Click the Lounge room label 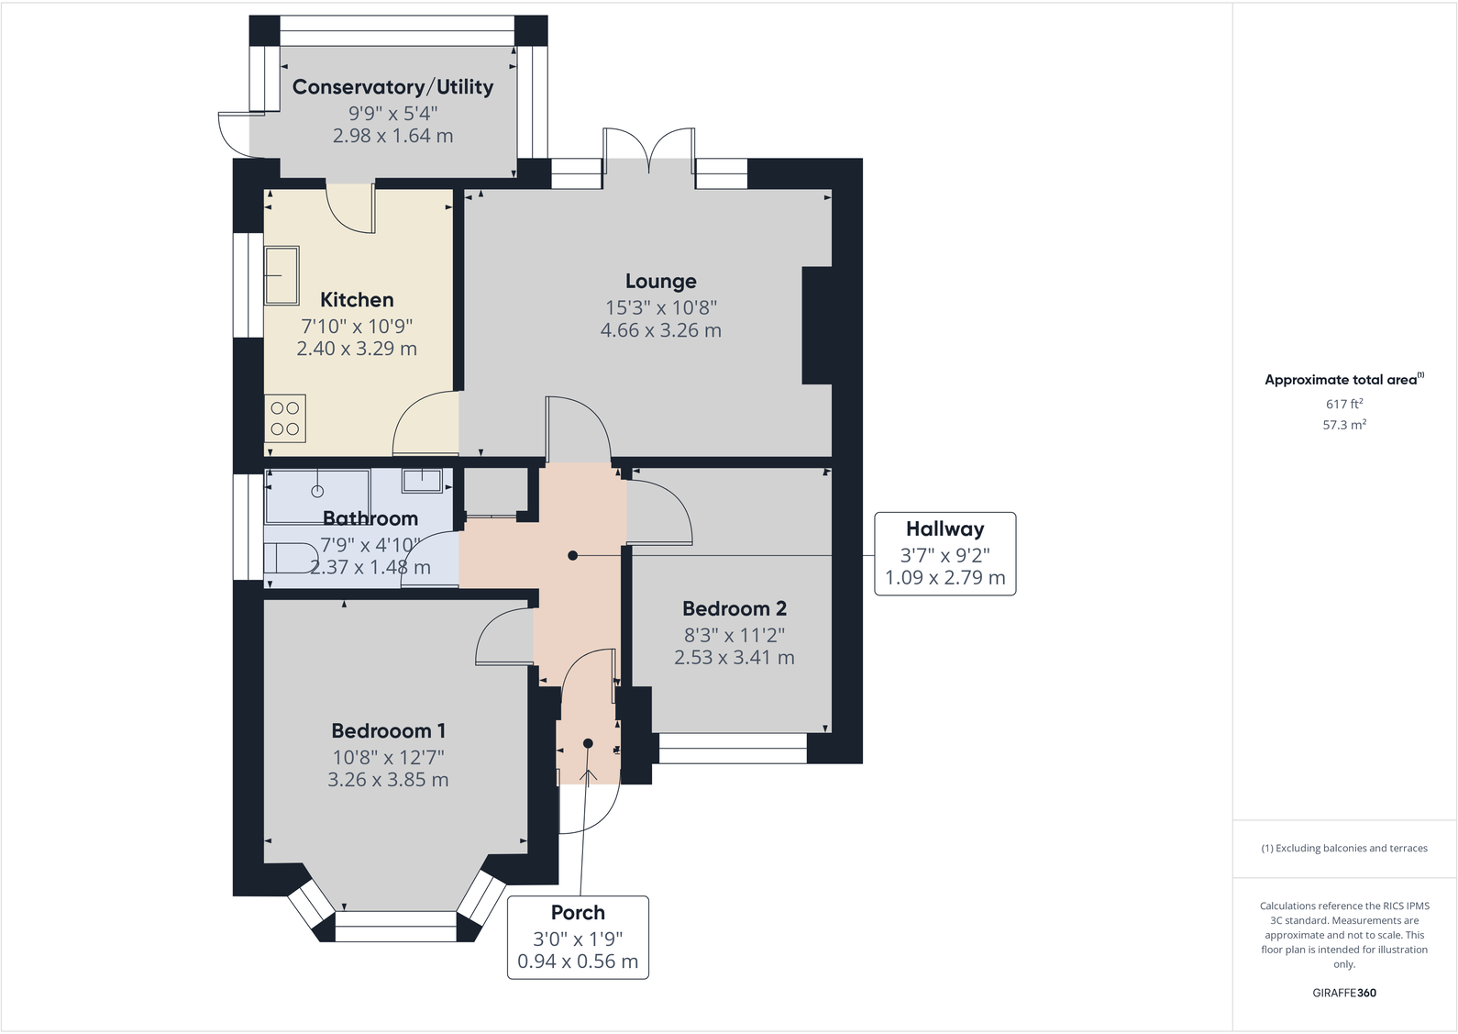click(x=660, y=282)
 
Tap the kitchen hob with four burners click(x=285, y=418)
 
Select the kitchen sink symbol click(x=282, y=274)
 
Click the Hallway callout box click(x=944, y=553)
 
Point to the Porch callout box click(x=578, y=937)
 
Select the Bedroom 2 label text click(x=734, y=608)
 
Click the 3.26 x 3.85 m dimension click(x=388, y=780)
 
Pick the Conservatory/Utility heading click(x=392, y=87)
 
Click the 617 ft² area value click(x=1343, y=404)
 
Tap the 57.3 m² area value click(x=1343, y=425)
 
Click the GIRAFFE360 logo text click(x=1343, y=993)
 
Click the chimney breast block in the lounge click(x=817, y=325)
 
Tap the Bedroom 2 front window click(x=733, y=749)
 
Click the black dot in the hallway click(x=573, y=555)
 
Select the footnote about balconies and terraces click(x=1343, y=848)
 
